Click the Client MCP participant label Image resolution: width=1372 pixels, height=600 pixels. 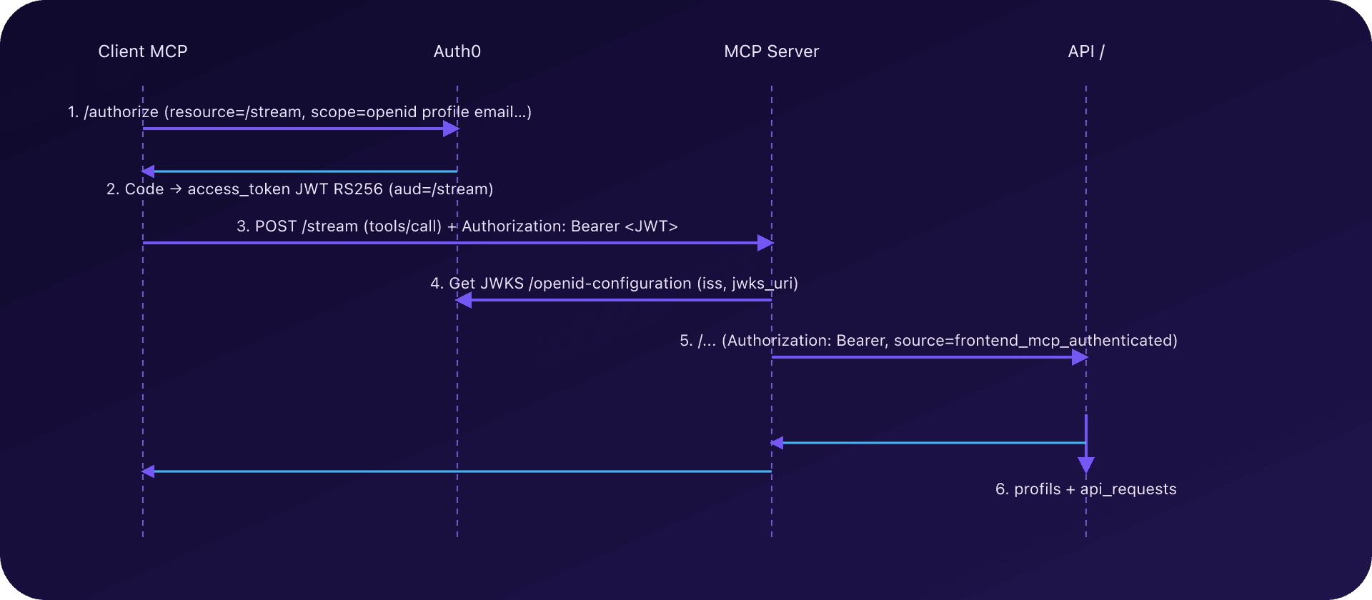tap(142, 51)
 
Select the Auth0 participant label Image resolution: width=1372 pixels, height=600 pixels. tap(457, 51)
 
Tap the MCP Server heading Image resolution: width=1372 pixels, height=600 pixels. tap(771, 51)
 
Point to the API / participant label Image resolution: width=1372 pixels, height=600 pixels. tap(1085, 51)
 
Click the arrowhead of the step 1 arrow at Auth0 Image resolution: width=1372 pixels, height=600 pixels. tap(451, 129)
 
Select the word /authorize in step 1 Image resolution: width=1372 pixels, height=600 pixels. tap(121, 112)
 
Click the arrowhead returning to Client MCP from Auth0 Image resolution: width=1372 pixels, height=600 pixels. tap(148, 171)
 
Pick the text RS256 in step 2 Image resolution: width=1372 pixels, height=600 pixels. tap(358, 189)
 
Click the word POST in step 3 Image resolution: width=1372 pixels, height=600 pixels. tap(275, 226)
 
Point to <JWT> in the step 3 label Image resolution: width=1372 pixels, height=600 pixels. tap(651, 226)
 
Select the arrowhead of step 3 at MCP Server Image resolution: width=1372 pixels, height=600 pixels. tap(765, 243)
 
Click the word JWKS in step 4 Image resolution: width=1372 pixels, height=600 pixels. tap(502, 284)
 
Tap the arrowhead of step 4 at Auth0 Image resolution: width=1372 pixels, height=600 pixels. tap(464, 301)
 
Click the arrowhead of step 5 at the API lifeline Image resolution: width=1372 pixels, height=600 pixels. tap(1080, 357)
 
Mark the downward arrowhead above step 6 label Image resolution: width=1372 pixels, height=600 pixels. tap(1086, 465)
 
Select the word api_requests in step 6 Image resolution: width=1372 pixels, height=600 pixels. tap(1128, 489)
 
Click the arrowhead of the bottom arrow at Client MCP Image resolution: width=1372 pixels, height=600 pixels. tap(148, 471)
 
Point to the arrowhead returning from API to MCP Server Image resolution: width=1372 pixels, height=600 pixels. tap(777, 443)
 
